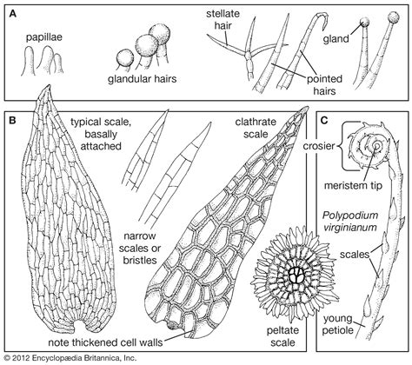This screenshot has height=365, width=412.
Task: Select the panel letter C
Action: [323, 123]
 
